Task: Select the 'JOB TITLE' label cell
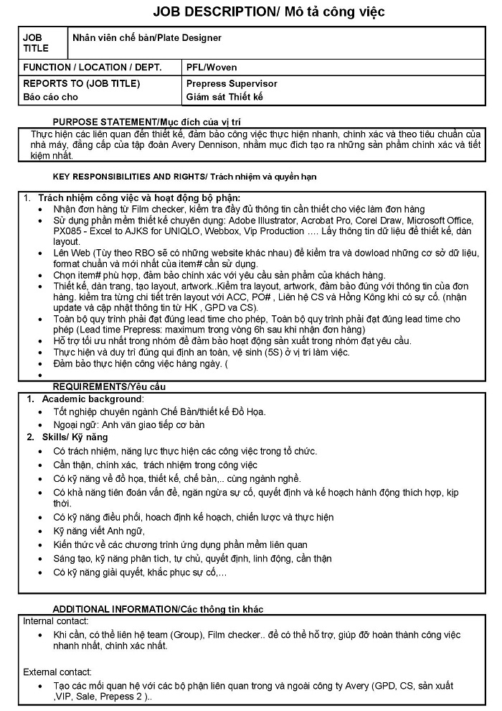[x=36, y=43]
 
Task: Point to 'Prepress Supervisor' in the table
[x=231, y=83]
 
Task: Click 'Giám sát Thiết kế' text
[x=224, y=97]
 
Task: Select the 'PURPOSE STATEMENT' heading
[x=104, y=123]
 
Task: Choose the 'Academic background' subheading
[x=92, y=399]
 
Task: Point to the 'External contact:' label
[x=57, y=672]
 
